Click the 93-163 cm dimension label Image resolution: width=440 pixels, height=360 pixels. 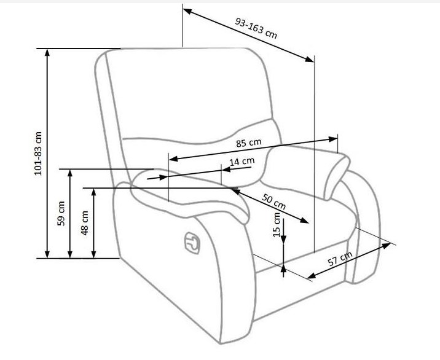(256, 28)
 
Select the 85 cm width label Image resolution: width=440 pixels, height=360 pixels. (249, 143)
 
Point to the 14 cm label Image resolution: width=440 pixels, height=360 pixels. (242, 162)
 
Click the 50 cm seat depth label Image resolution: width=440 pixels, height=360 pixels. (274, 202)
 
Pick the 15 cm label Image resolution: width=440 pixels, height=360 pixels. (277, 225)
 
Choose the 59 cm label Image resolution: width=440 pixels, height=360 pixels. (60, 213)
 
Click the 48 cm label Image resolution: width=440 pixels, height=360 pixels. (84, 222)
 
